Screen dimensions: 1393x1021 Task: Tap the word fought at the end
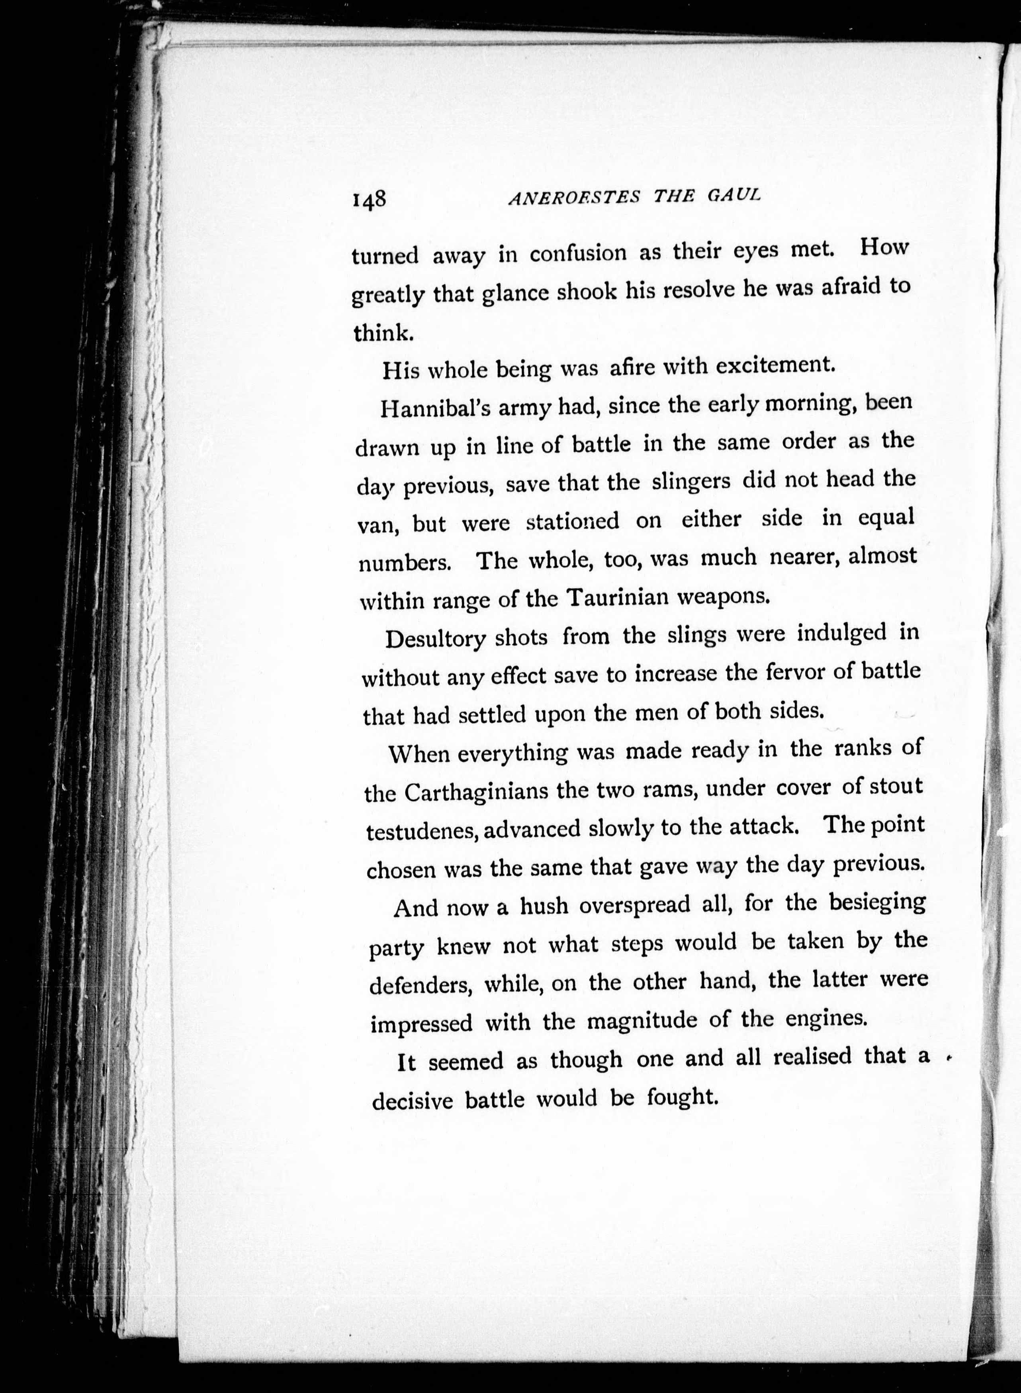click(x=682, y=1097)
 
